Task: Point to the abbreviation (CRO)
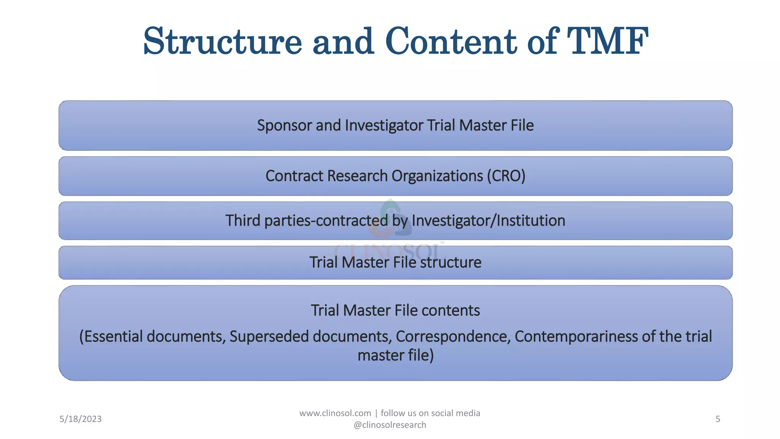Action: (x=506, y=176)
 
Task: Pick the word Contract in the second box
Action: (x=294, y=176)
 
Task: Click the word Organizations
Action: (x=437, y=176)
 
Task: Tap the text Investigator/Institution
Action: (x=488, y=221)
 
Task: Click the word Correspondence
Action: (x=453, y=336)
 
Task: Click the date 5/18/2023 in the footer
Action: (x=80, y=419)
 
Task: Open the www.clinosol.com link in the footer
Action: (x=335, y=413)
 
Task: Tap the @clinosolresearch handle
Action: (x=390, y=425)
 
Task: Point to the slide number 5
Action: (x=718, y=419)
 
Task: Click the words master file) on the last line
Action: (x=395, y=356)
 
